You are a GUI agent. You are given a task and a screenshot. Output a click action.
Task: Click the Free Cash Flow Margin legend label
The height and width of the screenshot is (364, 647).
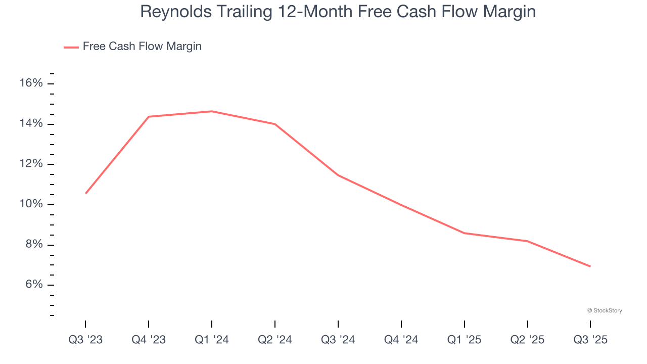click(142, 47)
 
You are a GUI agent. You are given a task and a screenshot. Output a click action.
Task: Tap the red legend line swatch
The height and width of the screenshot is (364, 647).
click(71, 47)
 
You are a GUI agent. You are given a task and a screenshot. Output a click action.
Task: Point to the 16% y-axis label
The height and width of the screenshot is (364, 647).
click(31, 83)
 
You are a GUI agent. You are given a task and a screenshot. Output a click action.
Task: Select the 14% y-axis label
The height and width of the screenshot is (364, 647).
click(31, 124)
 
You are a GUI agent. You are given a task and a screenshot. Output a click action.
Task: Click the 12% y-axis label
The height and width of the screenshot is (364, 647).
click(31, 164)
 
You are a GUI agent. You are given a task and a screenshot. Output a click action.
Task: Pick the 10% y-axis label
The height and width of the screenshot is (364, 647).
click(31, 204)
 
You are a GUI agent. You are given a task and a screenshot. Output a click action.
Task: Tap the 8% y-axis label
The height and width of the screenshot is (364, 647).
click(34, 245)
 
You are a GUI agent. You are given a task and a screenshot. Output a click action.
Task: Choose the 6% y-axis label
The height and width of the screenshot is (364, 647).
click(34, 285)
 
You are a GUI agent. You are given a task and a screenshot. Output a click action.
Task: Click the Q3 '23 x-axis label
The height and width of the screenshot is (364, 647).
click(85, 340)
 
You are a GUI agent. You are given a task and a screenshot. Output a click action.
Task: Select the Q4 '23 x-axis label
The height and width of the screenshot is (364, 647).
click(149, 340)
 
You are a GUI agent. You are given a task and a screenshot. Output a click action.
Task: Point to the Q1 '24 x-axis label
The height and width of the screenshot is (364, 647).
click(212, 340)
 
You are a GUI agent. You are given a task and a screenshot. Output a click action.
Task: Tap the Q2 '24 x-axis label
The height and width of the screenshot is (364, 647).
click(275, 340)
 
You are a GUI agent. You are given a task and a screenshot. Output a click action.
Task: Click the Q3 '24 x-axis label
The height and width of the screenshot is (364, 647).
click(338, 340)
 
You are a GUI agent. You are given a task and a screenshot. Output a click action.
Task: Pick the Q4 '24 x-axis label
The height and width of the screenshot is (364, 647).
click(401, 340)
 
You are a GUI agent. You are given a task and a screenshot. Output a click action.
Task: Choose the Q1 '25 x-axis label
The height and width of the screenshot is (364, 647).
click(465, 340)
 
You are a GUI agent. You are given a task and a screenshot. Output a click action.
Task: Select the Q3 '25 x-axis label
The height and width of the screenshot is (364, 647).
click(590, 340)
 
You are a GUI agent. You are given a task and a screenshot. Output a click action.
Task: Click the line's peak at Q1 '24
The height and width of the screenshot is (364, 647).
click(212, 111)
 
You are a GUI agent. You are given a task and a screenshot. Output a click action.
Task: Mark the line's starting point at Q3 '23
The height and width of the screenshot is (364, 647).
click(86, 193)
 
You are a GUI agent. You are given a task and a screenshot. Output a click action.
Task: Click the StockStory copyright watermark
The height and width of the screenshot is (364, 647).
click(605, 310)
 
